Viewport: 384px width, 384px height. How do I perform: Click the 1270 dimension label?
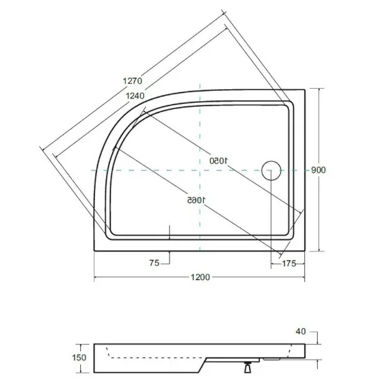point(132,81)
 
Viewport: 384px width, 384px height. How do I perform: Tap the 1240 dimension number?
point(135,96)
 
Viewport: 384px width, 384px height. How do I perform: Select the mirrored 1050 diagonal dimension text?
point(219,161)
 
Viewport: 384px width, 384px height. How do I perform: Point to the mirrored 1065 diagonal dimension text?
point(196,200)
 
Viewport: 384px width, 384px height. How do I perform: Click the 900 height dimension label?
point(318,170)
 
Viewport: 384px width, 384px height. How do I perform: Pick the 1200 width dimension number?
point(200,277)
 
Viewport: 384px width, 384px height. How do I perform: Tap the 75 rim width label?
point(154,263)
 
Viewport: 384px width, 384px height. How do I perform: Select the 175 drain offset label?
point(289,263)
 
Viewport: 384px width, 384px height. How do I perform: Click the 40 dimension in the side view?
point(301,332)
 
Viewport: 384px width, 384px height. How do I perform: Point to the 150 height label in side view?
point(79,357)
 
